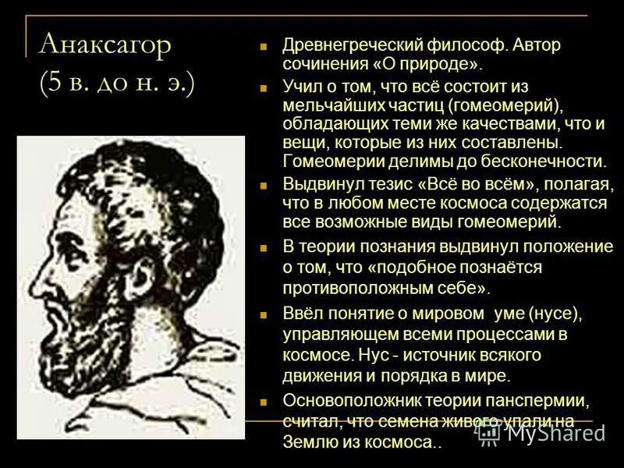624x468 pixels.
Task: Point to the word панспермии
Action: point(540,401)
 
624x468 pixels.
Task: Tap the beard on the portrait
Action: point(86,351)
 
